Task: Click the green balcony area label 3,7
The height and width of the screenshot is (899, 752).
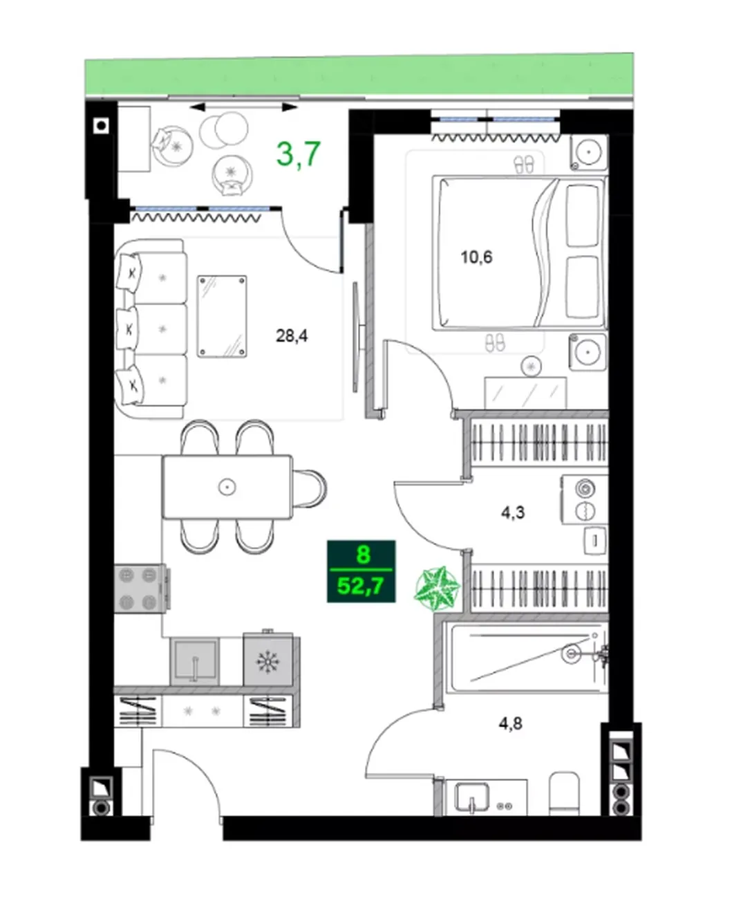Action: coord(299,154)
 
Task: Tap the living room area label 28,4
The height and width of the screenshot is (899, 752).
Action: coord(292,336)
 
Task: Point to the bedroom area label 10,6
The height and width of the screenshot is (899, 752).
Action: coord(476,257)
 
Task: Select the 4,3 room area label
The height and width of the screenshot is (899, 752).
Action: coord(513,513)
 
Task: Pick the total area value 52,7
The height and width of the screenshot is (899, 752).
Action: coord(361,586)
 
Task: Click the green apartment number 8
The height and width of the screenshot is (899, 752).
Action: coord(363,555)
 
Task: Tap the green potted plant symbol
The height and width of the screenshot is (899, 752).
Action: coord(437,588)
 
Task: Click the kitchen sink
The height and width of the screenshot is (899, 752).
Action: coord(194,662)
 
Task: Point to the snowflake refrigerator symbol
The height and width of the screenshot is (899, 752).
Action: coord(267,661)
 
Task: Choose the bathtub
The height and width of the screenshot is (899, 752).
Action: coord(527,658)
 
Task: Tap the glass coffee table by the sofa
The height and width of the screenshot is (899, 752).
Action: coord(222,317)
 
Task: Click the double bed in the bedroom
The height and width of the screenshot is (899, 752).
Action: coord(520,253)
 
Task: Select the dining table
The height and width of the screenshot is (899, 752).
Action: coord(227,487)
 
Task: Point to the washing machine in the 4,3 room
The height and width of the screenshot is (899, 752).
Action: coord(585,499)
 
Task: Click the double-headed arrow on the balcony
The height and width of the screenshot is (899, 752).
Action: coord(243,107)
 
